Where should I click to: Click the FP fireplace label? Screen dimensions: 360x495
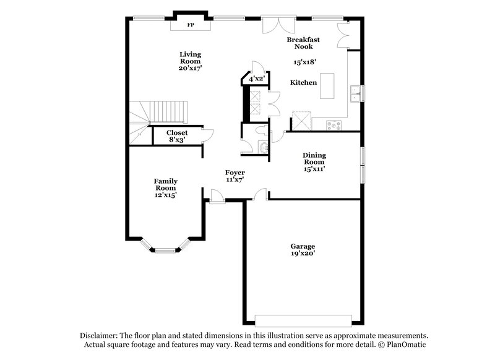[x=191, y=25]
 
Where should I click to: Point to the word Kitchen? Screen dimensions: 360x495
[x=304, y=83]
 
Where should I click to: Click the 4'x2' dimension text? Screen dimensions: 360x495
[x=256, y=79]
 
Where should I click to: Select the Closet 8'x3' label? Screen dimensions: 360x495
[x=177, y=136]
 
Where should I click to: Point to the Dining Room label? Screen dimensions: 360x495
[x=314, y=161]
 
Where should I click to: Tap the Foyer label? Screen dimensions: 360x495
[x=235, y=176]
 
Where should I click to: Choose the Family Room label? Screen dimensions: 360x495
[x=166, y=187]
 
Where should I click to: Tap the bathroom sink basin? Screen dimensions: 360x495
[x=263, y=147]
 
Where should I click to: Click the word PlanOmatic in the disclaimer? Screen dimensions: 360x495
[x=405, y=344]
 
